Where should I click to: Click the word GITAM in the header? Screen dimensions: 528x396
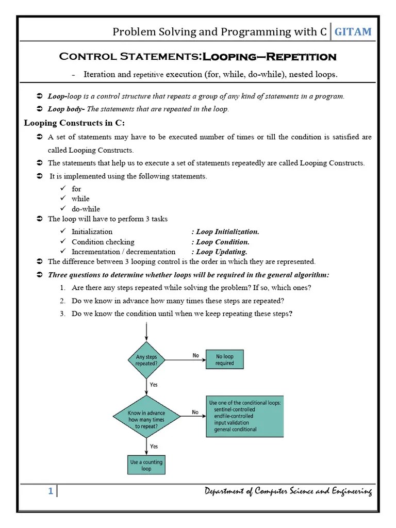tap(353, 32)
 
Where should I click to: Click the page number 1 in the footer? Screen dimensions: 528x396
tap(51, 491)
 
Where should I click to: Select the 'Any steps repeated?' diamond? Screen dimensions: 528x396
tap(147, 359)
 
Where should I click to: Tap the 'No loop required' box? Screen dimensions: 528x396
tap(224, 359)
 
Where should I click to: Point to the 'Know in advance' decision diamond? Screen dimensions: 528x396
tap(147, 416)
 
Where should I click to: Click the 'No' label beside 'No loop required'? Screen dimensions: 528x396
tap(195, 355)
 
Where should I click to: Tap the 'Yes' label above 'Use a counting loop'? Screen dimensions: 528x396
tap(154, 446)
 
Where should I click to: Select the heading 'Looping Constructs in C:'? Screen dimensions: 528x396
tap(74, 123)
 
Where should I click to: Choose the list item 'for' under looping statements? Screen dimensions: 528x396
tap(76, 189)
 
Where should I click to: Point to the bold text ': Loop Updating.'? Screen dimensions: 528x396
tap(219, 252)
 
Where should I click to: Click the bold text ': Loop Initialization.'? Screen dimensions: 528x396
tap(225, 232)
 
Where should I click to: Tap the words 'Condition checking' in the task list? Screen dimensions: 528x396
tap(103, 242)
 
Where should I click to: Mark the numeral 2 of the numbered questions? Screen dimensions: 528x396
tap(61, 301)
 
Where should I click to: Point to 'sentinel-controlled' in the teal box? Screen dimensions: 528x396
tap(234, 409)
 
